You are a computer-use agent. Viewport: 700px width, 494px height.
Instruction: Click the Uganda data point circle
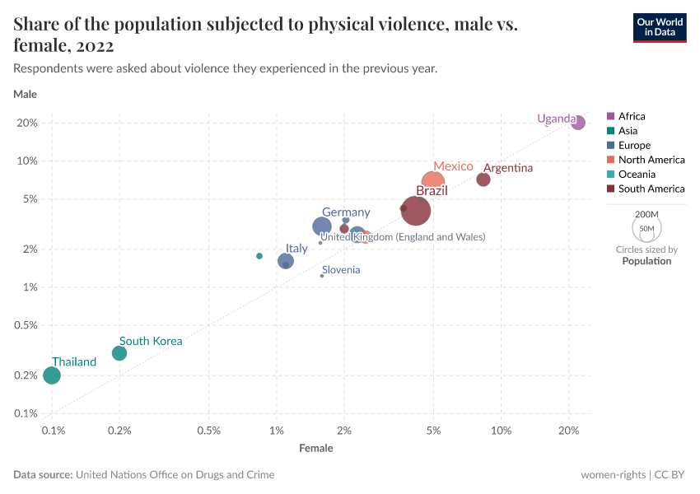click(578, 123)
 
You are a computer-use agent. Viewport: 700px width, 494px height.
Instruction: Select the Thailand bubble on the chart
click(52, 375)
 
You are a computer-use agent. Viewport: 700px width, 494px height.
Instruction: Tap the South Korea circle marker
click(119, 353)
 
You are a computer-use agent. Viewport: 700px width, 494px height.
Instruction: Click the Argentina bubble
click(483, 179)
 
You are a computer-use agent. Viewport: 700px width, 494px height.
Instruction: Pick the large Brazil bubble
click(418, 211)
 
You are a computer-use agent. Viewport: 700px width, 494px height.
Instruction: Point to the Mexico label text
click(453, 166)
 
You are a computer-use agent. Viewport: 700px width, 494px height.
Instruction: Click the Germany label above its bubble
click(346, 212)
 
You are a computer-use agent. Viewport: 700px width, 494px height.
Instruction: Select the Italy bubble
click(286, 261)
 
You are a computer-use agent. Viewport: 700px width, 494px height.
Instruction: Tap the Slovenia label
click(340, 270)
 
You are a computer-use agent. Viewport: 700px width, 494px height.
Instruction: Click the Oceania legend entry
click(637, 175)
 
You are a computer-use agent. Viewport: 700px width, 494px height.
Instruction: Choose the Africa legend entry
click(632, 116)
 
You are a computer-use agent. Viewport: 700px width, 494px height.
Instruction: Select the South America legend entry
click(651, 189)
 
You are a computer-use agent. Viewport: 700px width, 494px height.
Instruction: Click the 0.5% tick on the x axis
click(209, 431)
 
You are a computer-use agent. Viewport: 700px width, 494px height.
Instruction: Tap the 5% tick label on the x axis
click(434, 431)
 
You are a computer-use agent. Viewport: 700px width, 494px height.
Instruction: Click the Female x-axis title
click(316, 448)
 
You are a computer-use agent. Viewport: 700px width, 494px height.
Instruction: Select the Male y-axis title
click(26, 94)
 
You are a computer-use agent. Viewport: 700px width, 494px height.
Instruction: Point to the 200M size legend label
click(646, 213)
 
